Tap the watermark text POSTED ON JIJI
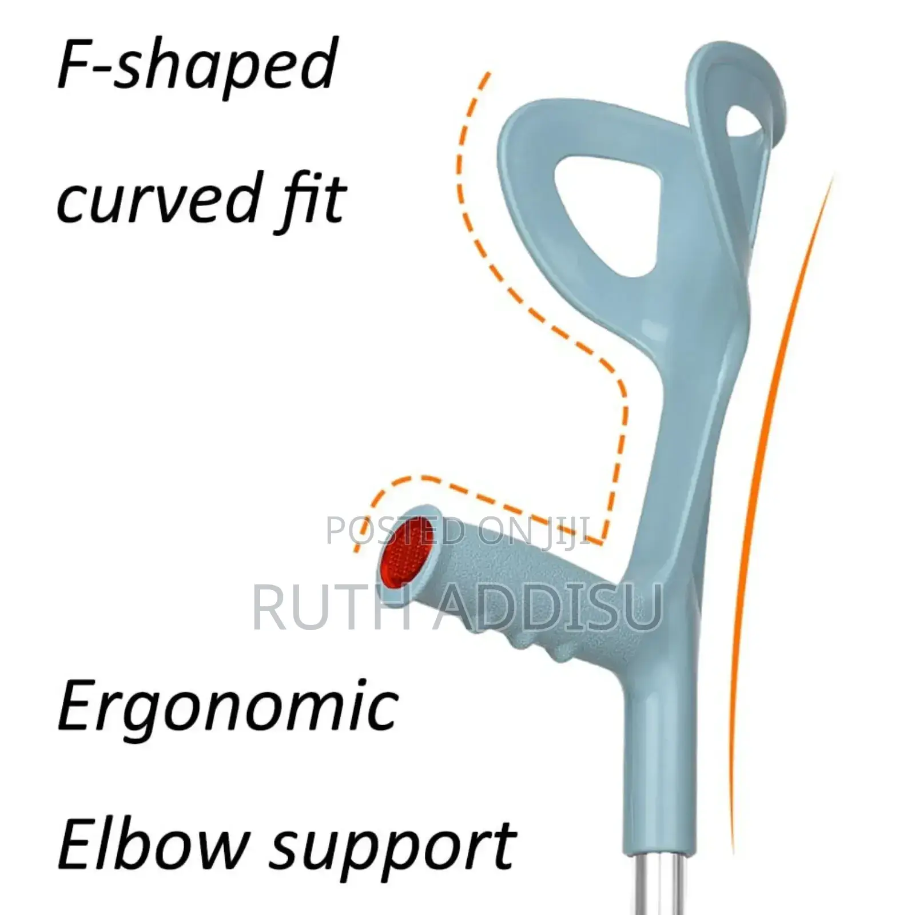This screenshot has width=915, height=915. click(x=457, y=531)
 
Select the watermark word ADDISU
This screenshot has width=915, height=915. click(x=549, y=606)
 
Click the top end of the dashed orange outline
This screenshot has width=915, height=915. click(x=488, y=75)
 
